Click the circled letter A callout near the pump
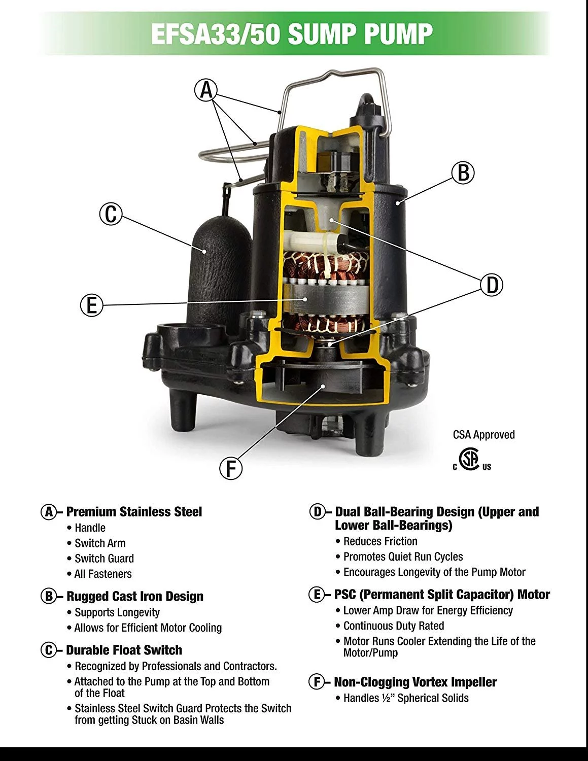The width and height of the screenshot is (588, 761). [206, 90]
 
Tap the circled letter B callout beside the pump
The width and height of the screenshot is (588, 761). [463, 172]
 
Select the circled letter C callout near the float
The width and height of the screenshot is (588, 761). [111, 214]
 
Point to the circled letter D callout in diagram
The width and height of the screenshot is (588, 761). [492, 285]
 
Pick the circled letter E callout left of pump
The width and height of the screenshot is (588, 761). [92, 305]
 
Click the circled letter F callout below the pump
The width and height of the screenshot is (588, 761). [231, 468]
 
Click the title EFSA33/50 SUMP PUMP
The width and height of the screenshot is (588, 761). [292, 34]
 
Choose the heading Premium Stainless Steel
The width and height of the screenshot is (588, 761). [134, 511]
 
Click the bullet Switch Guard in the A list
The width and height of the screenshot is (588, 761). [104, 559]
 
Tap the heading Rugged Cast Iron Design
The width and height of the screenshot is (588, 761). [134, 596]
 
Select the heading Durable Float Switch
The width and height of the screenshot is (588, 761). [124, 650]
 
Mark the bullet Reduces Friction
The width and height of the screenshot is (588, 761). [380, 541]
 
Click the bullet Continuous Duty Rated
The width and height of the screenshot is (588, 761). [393, 626]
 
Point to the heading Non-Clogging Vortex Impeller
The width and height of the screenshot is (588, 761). [414, 682]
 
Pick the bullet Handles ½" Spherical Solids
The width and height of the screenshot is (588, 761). [405, 698]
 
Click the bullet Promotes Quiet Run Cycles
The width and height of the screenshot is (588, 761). [403, 557]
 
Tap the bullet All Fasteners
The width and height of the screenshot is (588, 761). [103, 574]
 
